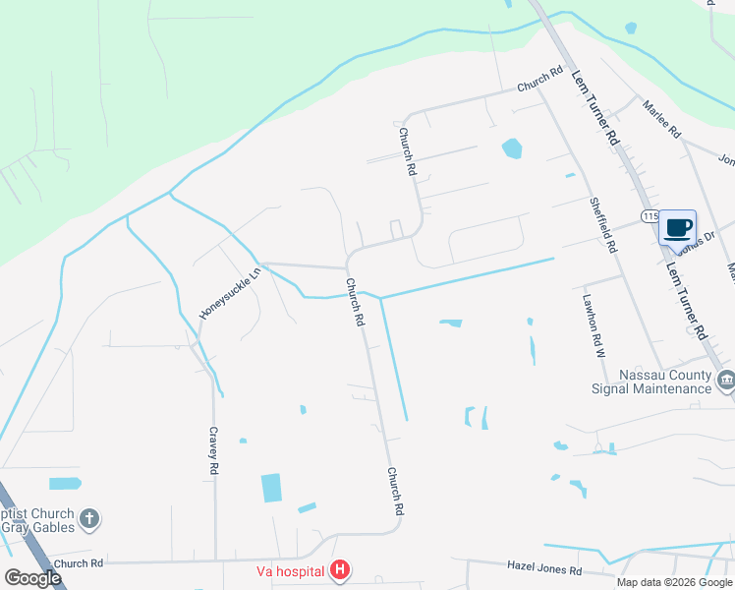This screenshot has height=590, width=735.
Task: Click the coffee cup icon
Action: click(x=677, y=227)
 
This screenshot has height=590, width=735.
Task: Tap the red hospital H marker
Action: click(x=339, y=569)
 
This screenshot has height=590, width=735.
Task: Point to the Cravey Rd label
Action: click(x=212, y=451)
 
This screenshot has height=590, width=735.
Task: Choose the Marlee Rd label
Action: click(x=661, y=118)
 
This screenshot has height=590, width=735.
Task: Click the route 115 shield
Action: click(x=649, y=215)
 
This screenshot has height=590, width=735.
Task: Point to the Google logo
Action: click(x=34, y=578)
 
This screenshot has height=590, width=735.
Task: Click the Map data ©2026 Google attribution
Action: click(x=673, y=582)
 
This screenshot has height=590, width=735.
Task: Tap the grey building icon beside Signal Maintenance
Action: click(x=726, y=381)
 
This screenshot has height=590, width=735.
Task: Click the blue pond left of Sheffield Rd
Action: click(x=511, y=148)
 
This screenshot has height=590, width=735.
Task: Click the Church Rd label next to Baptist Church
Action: click(x=79, y=563)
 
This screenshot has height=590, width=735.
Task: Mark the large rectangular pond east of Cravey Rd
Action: click(x=271, y=488)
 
